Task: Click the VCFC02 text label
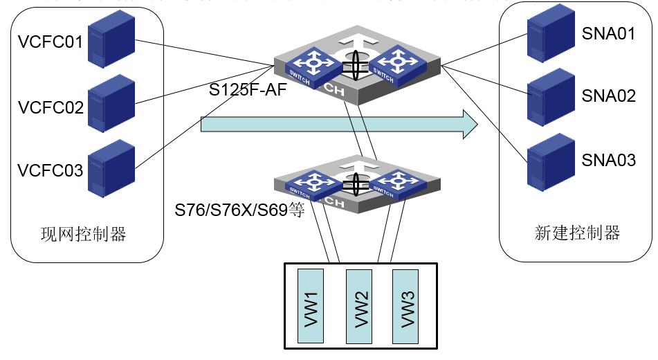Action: coord(51,108)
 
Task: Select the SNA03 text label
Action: coord(608,161)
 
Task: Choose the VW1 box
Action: coord(311,305)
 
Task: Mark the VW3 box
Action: coord(406,305)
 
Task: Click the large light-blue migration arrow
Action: coord(339,124)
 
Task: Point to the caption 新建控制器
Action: coord(577,233)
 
